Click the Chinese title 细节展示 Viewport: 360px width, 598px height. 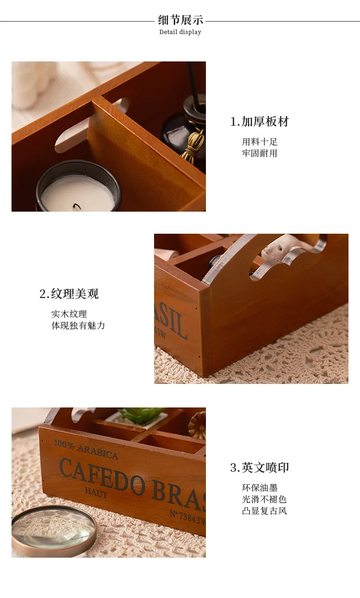pyautogui.click(x=180, y=20)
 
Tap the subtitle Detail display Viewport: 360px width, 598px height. pyautogui.click(x=180, y=32)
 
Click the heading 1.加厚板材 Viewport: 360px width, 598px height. pyautogui.click(x=259, y=121)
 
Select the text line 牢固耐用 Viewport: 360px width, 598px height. pyautogui.click(x=260, y=153)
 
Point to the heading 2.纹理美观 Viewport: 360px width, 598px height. pyautogui.click(x=69, y=294)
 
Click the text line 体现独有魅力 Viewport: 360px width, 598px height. pyautogui.click(x=78, y=325)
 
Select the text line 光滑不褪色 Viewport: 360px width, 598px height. pyautogui.click(x=264, y=499)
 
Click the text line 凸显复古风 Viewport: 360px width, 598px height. pyautogui.click(x=264, y=511)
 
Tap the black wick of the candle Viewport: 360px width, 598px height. pyautogui.click(x=77, y=206)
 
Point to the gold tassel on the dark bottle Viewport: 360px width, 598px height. pyautogui.click(x=193, y=144)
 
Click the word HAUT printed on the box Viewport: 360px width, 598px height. pyautogui.click(x=96, y=492)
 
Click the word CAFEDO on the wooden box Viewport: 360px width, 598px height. pyautogui.click(x=102, y=477)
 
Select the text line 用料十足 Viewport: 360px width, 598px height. pyautogui.click(x=260, y=142)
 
